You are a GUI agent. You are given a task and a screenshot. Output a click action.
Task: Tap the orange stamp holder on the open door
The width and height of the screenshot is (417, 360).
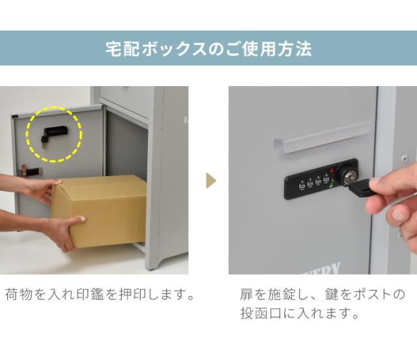click(28, 171)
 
